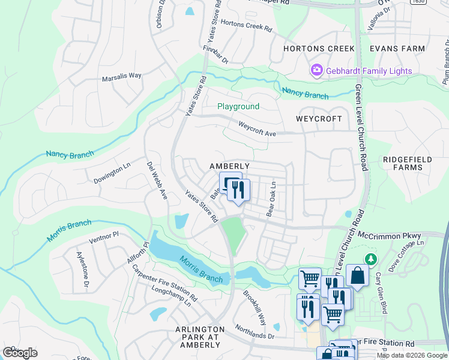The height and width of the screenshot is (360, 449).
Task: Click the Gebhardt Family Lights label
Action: (369, 71)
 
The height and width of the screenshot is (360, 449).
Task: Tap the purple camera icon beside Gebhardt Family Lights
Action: (316, 71)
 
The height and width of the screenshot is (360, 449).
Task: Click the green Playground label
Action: (238, 106)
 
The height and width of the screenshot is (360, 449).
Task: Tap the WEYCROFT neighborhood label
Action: (319, 119)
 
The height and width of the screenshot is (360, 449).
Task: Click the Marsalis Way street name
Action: (121, 76)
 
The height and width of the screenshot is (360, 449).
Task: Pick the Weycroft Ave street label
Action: (257, 128)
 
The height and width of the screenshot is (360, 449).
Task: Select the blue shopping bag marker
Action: (357, 276)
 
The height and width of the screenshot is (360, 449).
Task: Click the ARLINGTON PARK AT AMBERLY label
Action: (199, 337)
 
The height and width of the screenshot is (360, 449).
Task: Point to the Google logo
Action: (20, 353)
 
